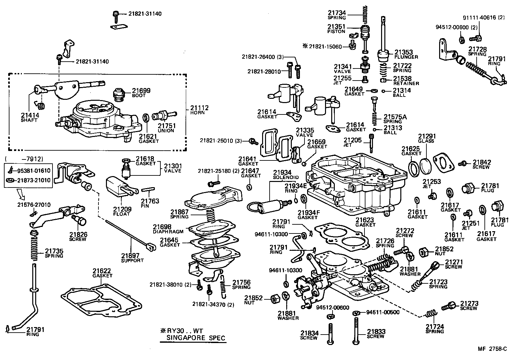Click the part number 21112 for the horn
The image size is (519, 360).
[x=200, y=108]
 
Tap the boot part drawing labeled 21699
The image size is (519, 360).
[x=121, y=94]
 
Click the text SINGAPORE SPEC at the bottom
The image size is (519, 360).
[x=196, y=338]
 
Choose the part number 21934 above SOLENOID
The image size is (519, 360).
[x=282, y=172]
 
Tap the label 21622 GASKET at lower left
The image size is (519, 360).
[x=102, y=273]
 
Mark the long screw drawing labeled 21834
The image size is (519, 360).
[x=331, y=333]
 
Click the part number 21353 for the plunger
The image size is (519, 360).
[x=404, y=52]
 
